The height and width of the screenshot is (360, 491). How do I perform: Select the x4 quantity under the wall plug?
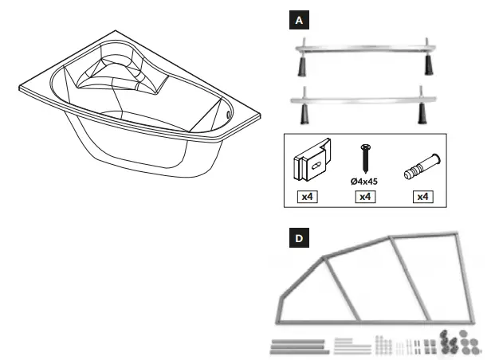(x=419, y=197)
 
